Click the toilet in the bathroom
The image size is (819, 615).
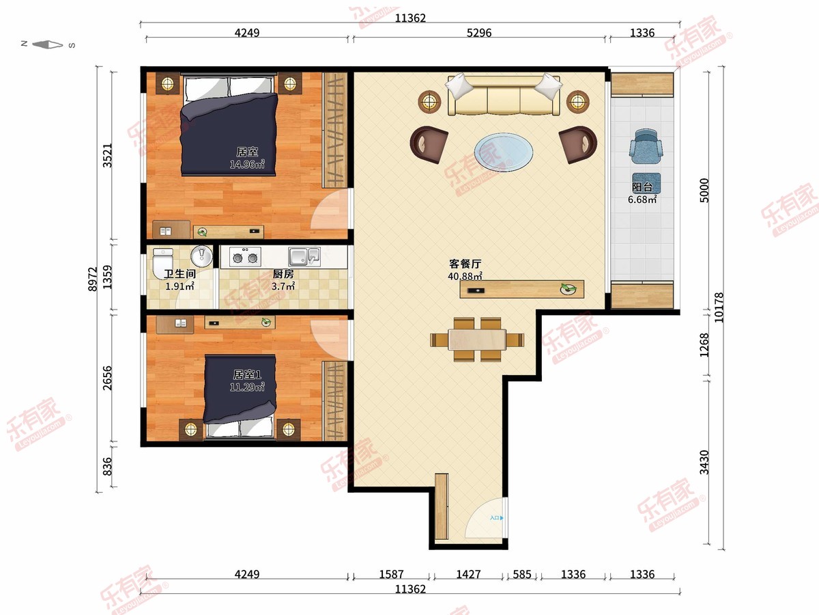click(162, 264)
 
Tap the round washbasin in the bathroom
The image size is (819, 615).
click(201, 256)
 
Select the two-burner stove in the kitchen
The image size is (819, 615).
click(245, 256)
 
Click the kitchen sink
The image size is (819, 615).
click(304, 256)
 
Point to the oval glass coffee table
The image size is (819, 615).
click(503, 152)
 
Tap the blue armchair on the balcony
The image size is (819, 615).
click(646, 148)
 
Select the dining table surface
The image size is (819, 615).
click(477, 340)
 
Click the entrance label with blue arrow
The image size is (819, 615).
click(497, 518)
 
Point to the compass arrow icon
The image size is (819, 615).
click(48, 45)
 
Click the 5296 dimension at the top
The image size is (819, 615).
click(479, 33)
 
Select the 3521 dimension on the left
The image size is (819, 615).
click(107, 155)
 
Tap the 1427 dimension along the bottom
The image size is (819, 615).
click(468, 574)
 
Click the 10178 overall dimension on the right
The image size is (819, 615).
click(719, 307)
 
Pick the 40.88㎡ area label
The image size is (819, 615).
click(465, 276)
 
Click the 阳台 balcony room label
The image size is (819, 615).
click(642, 187)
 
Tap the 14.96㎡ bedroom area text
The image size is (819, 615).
click(247, 164)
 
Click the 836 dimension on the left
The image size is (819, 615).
click(107, 467)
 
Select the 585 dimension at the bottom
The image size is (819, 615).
click(521, 574)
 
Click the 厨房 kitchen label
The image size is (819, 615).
click(283, 274)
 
